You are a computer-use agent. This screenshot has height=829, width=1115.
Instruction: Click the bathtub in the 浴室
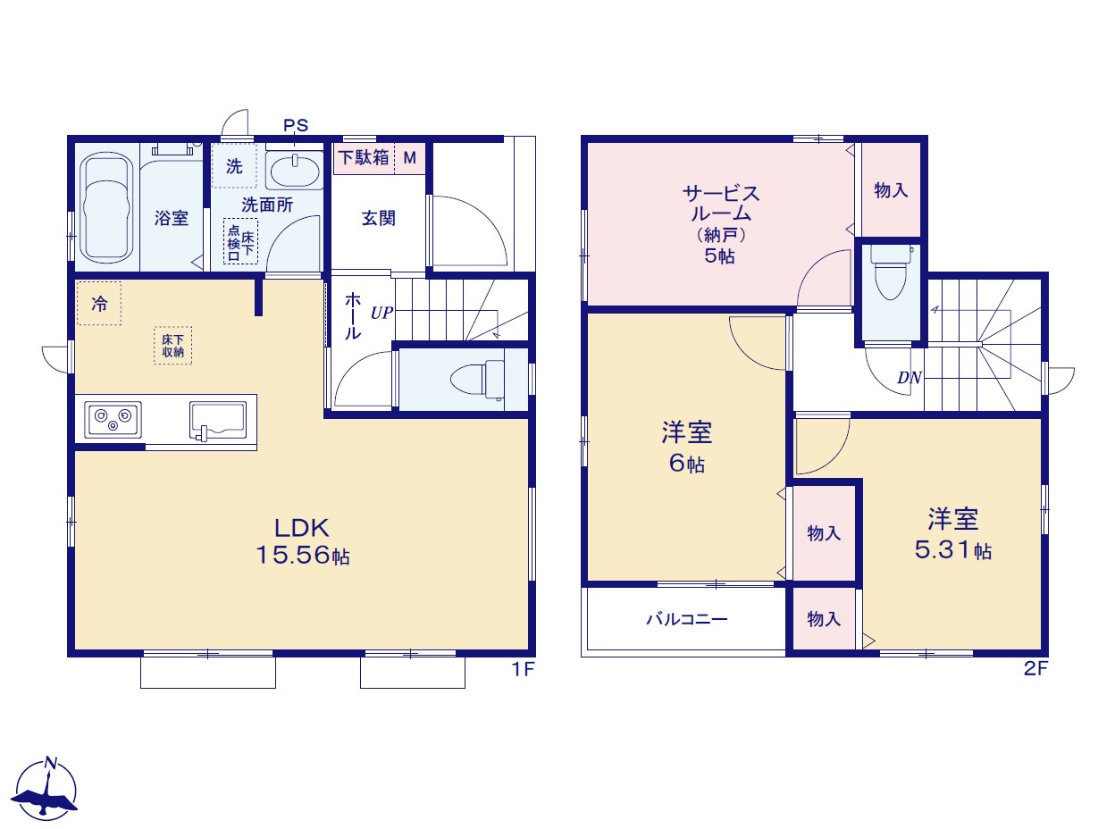coord(107,207)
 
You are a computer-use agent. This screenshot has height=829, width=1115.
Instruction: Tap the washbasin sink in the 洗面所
coord(295,171)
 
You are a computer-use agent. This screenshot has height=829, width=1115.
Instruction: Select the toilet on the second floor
coord(890,272)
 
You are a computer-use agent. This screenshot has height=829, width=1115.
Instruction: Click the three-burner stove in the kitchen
coord(113,420)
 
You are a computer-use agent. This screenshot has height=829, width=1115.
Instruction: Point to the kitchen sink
coord(218,421)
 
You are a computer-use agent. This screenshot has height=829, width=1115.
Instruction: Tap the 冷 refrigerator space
coord(99,303)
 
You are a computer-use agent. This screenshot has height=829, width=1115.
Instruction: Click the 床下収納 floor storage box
coord(173,346)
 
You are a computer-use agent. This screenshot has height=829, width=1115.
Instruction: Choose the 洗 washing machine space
coord(234,166)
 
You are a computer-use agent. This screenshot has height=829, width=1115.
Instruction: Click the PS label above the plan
coord(296,125)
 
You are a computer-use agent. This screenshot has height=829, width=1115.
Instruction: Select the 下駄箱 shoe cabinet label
coord(364,158)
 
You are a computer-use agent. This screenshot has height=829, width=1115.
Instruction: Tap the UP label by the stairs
coord(381,314)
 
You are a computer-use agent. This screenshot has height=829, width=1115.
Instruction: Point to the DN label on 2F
coord(909,378)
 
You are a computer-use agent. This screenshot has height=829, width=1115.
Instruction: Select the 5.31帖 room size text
coord(953,550)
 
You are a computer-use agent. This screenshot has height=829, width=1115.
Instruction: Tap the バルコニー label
coord(687,619)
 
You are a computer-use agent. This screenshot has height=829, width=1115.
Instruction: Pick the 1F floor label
coord(523,670)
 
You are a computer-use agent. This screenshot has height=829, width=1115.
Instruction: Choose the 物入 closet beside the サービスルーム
coord(891,190)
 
